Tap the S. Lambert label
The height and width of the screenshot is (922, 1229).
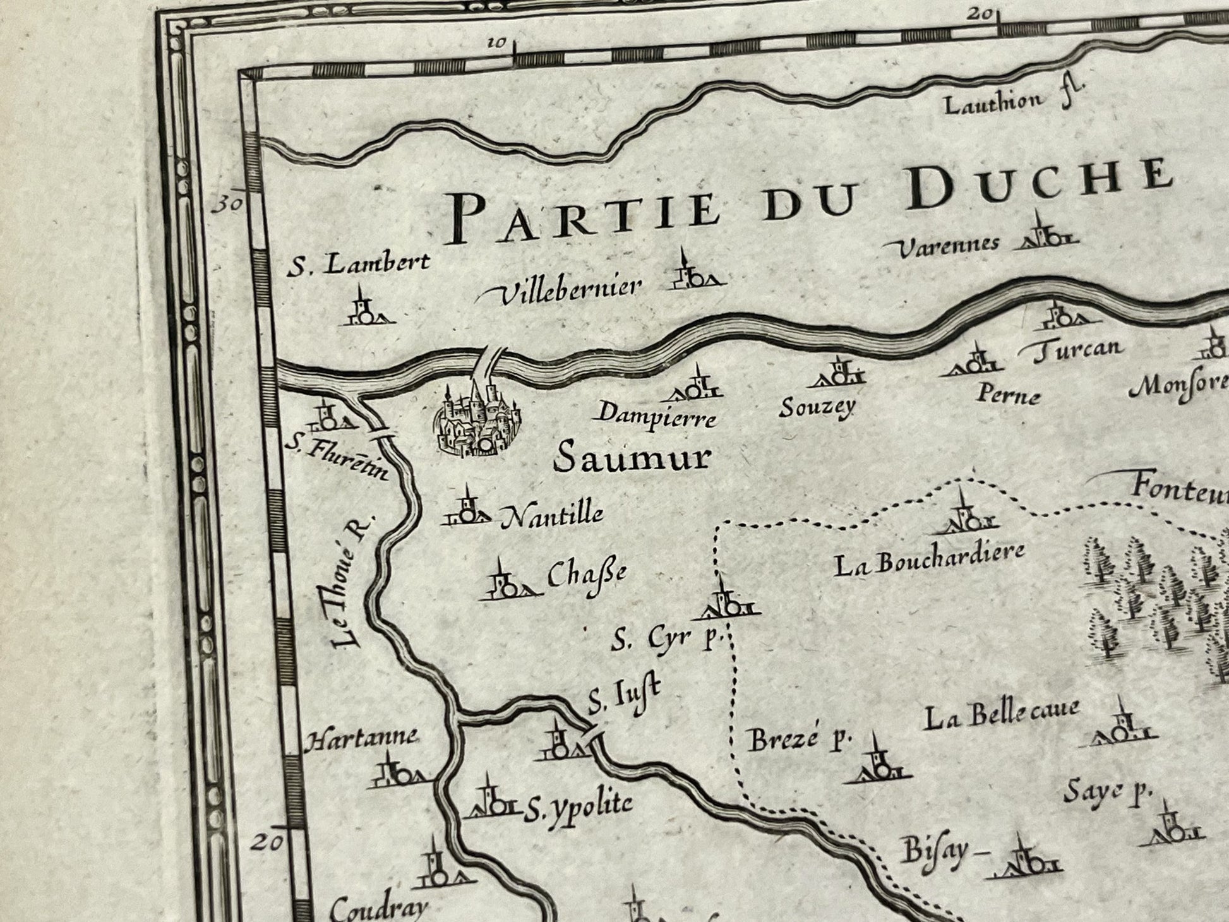point(358,264)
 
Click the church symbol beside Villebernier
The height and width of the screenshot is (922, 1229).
point(695,273)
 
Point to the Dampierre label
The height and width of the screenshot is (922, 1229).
point(657,416)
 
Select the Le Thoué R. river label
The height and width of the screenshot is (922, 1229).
point(351,581)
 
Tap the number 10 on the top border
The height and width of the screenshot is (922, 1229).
point(497,43)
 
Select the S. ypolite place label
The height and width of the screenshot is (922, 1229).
point(577,805)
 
